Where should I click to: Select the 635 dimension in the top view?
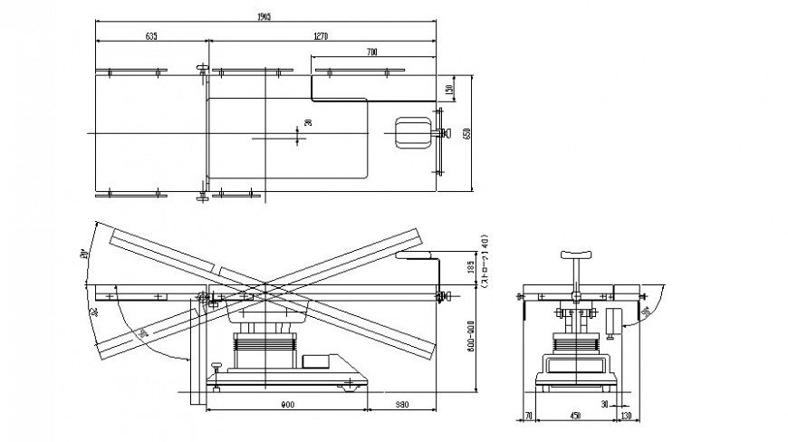click(x=150, y=36)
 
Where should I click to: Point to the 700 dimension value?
click(x=372, y=53)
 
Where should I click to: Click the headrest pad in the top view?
click(x=412, y=133)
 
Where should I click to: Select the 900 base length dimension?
click(x=286, y=405)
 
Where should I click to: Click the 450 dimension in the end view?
click(x=575, y=417)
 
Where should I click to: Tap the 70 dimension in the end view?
click(x=528, y=417)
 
